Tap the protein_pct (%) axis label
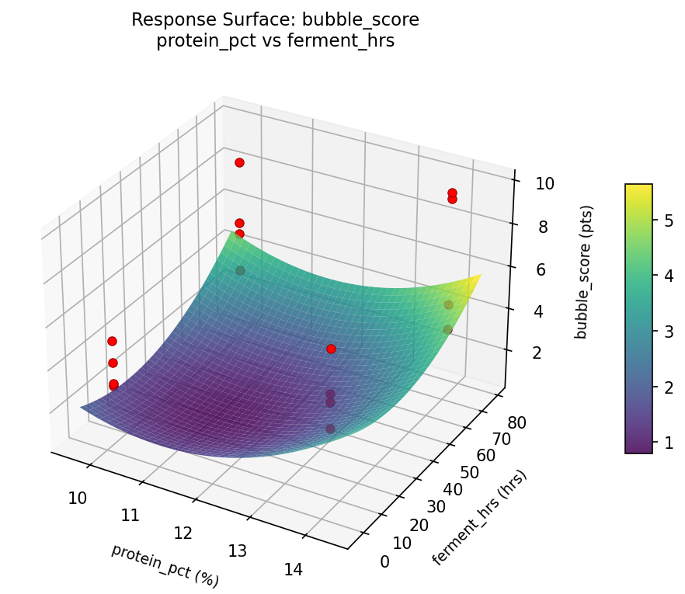click(165, 565)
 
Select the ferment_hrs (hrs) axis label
click(479, 518)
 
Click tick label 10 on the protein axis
click(77, 498)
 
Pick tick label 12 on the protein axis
click(183, 533)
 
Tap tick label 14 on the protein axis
click(293, 570)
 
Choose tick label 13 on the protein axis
click(238, 551)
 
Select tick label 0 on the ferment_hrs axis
click(385, 561)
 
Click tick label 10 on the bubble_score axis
click(544, 184)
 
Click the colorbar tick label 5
click(667, 221)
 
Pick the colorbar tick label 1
click(667, 442)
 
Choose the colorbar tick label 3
click(667, 332)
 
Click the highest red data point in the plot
click(239, 162)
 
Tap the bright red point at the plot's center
click(331, 349)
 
